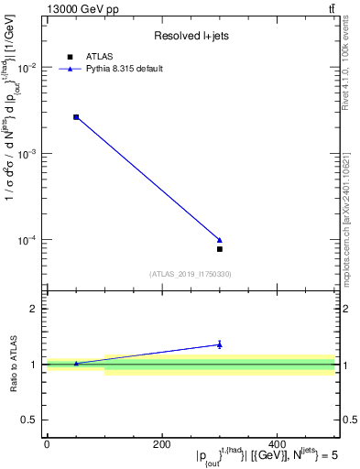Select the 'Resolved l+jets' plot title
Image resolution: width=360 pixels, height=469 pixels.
[x=190, y=36]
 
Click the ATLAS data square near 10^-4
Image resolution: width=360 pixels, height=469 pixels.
[x=220, y=249]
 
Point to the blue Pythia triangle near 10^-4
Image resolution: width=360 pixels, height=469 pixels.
[x=220, y=240]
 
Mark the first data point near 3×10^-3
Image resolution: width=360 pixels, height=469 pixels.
[x=76, y=117]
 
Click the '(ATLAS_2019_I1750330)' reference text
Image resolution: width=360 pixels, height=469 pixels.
[x=190, y=274]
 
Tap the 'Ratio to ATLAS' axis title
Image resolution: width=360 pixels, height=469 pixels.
[x=13, y=365]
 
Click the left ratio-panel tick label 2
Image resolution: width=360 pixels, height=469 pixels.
[x=36, y=310]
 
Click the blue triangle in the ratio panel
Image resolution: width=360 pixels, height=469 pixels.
[x=220, y=344]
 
